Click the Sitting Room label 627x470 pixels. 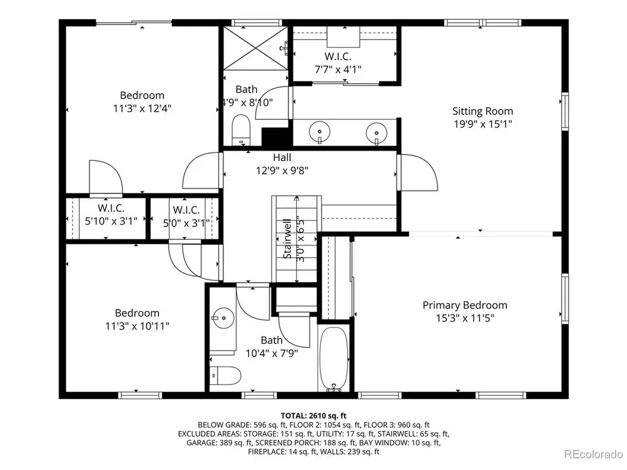pos(482,111)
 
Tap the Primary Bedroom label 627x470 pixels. pos(465,305)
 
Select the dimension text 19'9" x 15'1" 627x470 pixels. pos(482,124)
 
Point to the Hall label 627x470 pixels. pos(282,157)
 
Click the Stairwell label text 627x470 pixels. pos(287,239)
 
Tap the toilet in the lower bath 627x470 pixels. pos(225,376)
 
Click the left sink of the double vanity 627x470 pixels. pos(320,132)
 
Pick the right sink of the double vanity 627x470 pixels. pos(377,132)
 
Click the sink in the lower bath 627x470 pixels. pos(223,318)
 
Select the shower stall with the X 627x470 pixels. pos(255,48)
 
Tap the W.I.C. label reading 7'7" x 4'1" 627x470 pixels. pos(338,56)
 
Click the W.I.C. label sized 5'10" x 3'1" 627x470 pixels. pos(111,208)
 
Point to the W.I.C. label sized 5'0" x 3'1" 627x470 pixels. pos(186,210)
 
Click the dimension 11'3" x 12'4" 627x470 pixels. pos(142,108)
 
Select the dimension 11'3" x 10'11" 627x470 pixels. pos(137,326)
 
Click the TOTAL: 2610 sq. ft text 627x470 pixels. pos(313,416)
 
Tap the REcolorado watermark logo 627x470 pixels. pos(593,454)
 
